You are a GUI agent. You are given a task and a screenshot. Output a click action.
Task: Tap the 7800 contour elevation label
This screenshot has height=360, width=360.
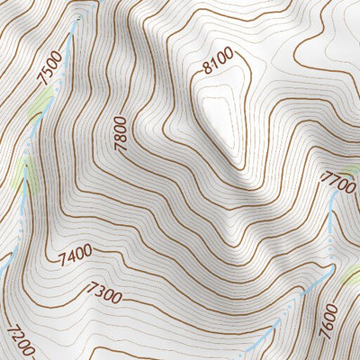click(x=120, y=132)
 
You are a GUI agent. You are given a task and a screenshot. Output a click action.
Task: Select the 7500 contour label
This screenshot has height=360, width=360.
click(x=50, y=67)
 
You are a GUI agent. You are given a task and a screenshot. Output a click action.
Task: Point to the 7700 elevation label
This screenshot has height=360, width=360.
click(x=337, y=183)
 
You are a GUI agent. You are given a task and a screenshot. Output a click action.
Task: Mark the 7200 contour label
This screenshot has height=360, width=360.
click(x=20, y=340)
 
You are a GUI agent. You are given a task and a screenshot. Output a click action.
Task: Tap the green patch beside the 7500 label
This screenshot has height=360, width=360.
click(x=34, y=112)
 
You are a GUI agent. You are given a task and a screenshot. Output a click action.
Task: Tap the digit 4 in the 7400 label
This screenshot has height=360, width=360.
click(x=69, y=261)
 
